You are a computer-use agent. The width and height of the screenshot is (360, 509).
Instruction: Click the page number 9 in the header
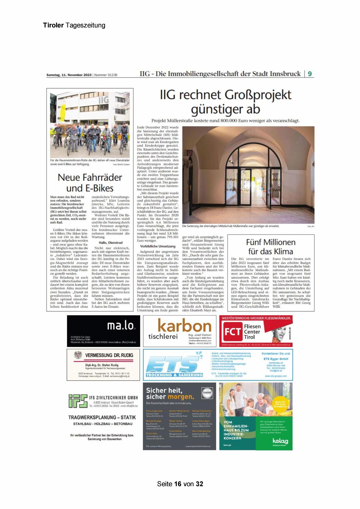310,74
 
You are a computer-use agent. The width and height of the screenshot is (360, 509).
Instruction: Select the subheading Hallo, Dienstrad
111,242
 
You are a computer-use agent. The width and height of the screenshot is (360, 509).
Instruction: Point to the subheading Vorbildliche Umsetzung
158,246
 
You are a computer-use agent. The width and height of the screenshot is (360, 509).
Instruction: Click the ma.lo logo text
121,326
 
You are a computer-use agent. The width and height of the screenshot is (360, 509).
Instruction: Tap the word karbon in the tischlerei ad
184,326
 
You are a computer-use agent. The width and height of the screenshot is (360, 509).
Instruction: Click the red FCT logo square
232,332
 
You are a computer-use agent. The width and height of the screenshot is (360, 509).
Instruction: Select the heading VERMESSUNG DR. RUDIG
109,355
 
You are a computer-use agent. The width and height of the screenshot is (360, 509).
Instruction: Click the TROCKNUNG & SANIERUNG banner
174,375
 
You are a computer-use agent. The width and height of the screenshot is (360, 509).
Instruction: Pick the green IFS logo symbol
78,401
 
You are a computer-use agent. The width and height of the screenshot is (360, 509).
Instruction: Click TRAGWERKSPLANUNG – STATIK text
102,417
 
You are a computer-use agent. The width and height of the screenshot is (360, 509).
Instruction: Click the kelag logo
280,441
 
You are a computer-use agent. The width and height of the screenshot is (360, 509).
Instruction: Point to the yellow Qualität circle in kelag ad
280,404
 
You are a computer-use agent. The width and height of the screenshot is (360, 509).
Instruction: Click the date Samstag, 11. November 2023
69,75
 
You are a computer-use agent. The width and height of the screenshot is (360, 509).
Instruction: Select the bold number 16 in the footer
178,484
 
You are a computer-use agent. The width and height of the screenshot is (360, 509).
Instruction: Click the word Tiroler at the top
53,25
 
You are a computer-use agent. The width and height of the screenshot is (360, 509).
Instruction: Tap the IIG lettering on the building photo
104,100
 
